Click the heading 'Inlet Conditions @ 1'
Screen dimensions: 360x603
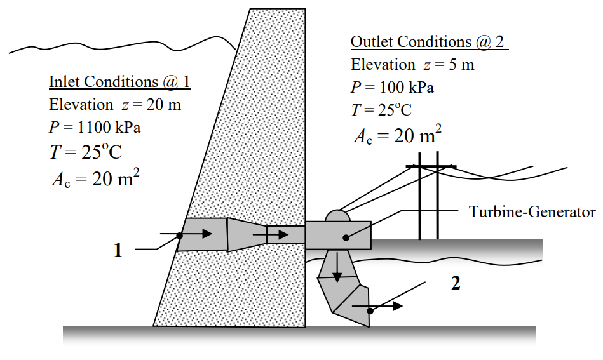click(x=120, y=82)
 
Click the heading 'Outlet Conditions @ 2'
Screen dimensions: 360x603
click(x=429, y=42)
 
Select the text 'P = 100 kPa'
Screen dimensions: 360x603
click(x=393, y=87)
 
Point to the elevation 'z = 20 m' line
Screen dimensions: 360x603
click(x=115, y=105)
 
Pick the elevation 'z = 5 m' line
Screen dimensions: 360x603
click(x=412, y=65)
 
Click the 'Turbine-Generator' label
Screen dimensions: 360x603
click(x=532, y=212)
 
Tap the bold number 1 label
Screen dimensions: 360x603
click(x=118, y=250)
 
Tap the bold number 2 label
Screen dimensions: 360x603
click(x=455, y=284)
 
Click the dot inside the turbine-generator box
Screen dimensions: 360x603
click(x=346, y=237)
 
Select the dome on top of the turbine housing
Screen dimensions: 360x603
click(x=338, y=216)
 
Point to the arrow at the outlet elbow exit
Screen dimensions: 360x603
click(x=388, y=306)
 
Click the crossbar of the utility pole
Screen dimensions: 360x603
click(x=431, y=166)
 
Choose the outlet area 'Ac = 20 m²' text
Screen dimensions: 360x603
click(x=397, y=135)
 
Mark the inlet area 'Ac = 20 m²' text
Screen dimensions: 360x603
click(x=95, y=179)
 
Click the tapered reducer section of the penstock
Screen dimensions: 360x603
click(x=247, y=235)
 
